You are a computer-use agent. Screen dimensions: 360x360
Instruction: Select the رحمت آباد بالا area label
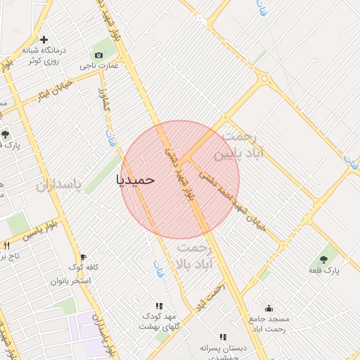(x=195, y=257)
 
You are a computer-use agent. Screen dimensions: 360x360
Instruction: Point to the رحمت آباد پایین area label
(x=243, y=144)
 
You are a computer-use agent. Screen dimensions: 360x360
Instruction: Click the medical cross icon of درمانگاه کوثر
(x=44, y=39)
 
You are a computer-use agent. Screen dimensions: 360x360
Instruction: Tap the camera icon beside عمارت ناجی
(x=98, y=55)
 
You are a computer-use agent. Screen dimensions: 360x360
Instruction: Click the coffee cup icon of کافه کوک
(x=83, y=257)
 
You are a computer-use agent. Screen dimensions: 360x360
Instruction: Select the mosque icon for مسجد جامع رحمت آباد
(x=268, y=308)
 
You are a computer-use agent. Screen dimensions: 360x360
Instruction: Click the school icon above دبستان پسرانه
(x=223, y=337)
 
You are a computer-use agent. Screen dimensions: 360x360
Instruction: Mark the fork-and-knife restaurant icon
(x=7, y=245)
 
